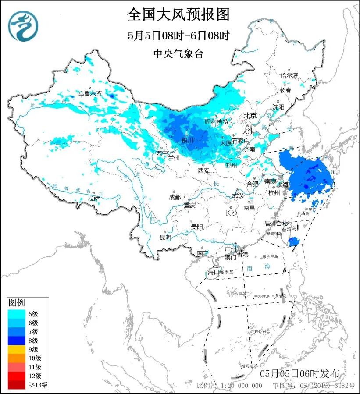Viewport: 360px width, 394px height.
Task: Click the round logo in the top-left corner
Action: coord(23,25)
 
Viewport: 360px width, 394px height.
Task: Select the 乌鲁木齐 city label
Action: coord(90,93)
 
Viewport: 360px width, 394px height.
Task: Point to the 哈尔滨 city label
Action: coord(289,75)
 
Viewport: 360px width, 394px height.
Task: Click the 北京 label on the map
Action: coord(250,116)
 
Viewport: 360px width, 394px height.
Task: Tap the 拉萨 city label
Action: coord(94,198)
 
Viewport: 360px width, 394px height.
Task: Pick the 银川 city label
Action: coord(188,140)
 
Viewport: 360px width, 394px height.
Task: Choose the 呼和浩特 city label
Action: coord(217,121)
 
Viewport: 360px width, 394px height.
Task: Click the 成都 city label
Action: coord(175,197)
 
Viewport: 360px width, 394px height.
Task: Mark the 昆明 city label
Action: coord(165,238)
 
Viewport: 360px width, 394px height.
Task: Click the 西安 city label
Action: coord(203,170)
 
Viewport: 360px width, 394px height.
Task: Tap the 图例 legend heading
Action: coord(17,302)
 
